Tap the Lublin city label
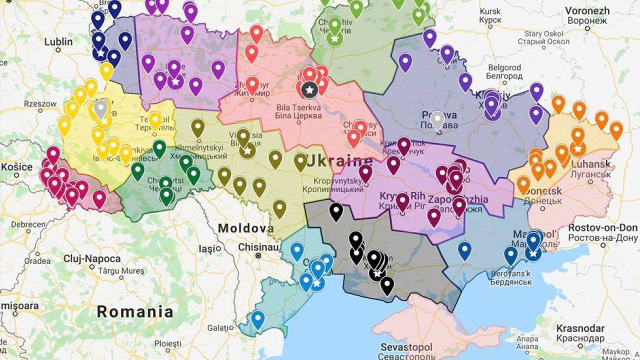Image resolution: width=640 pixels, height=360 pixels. [58, 42]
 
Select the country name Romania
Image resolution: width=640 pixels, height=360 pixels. [135, 312]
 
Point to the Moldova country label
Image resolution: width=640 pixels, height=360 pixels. [245, 228]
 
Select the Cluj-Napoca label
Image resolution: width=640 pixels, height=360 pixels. [92, 259]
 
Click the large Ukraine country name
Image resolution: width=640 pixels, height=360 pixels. [339, 161]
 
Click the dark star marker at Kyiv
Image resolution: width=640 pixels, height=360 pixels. [310, 89]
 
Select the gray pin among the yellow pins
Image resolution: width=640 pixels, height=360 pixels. [101, 108]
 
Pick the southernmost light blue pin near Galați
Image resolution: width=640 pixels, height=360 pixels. [257, 318]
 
